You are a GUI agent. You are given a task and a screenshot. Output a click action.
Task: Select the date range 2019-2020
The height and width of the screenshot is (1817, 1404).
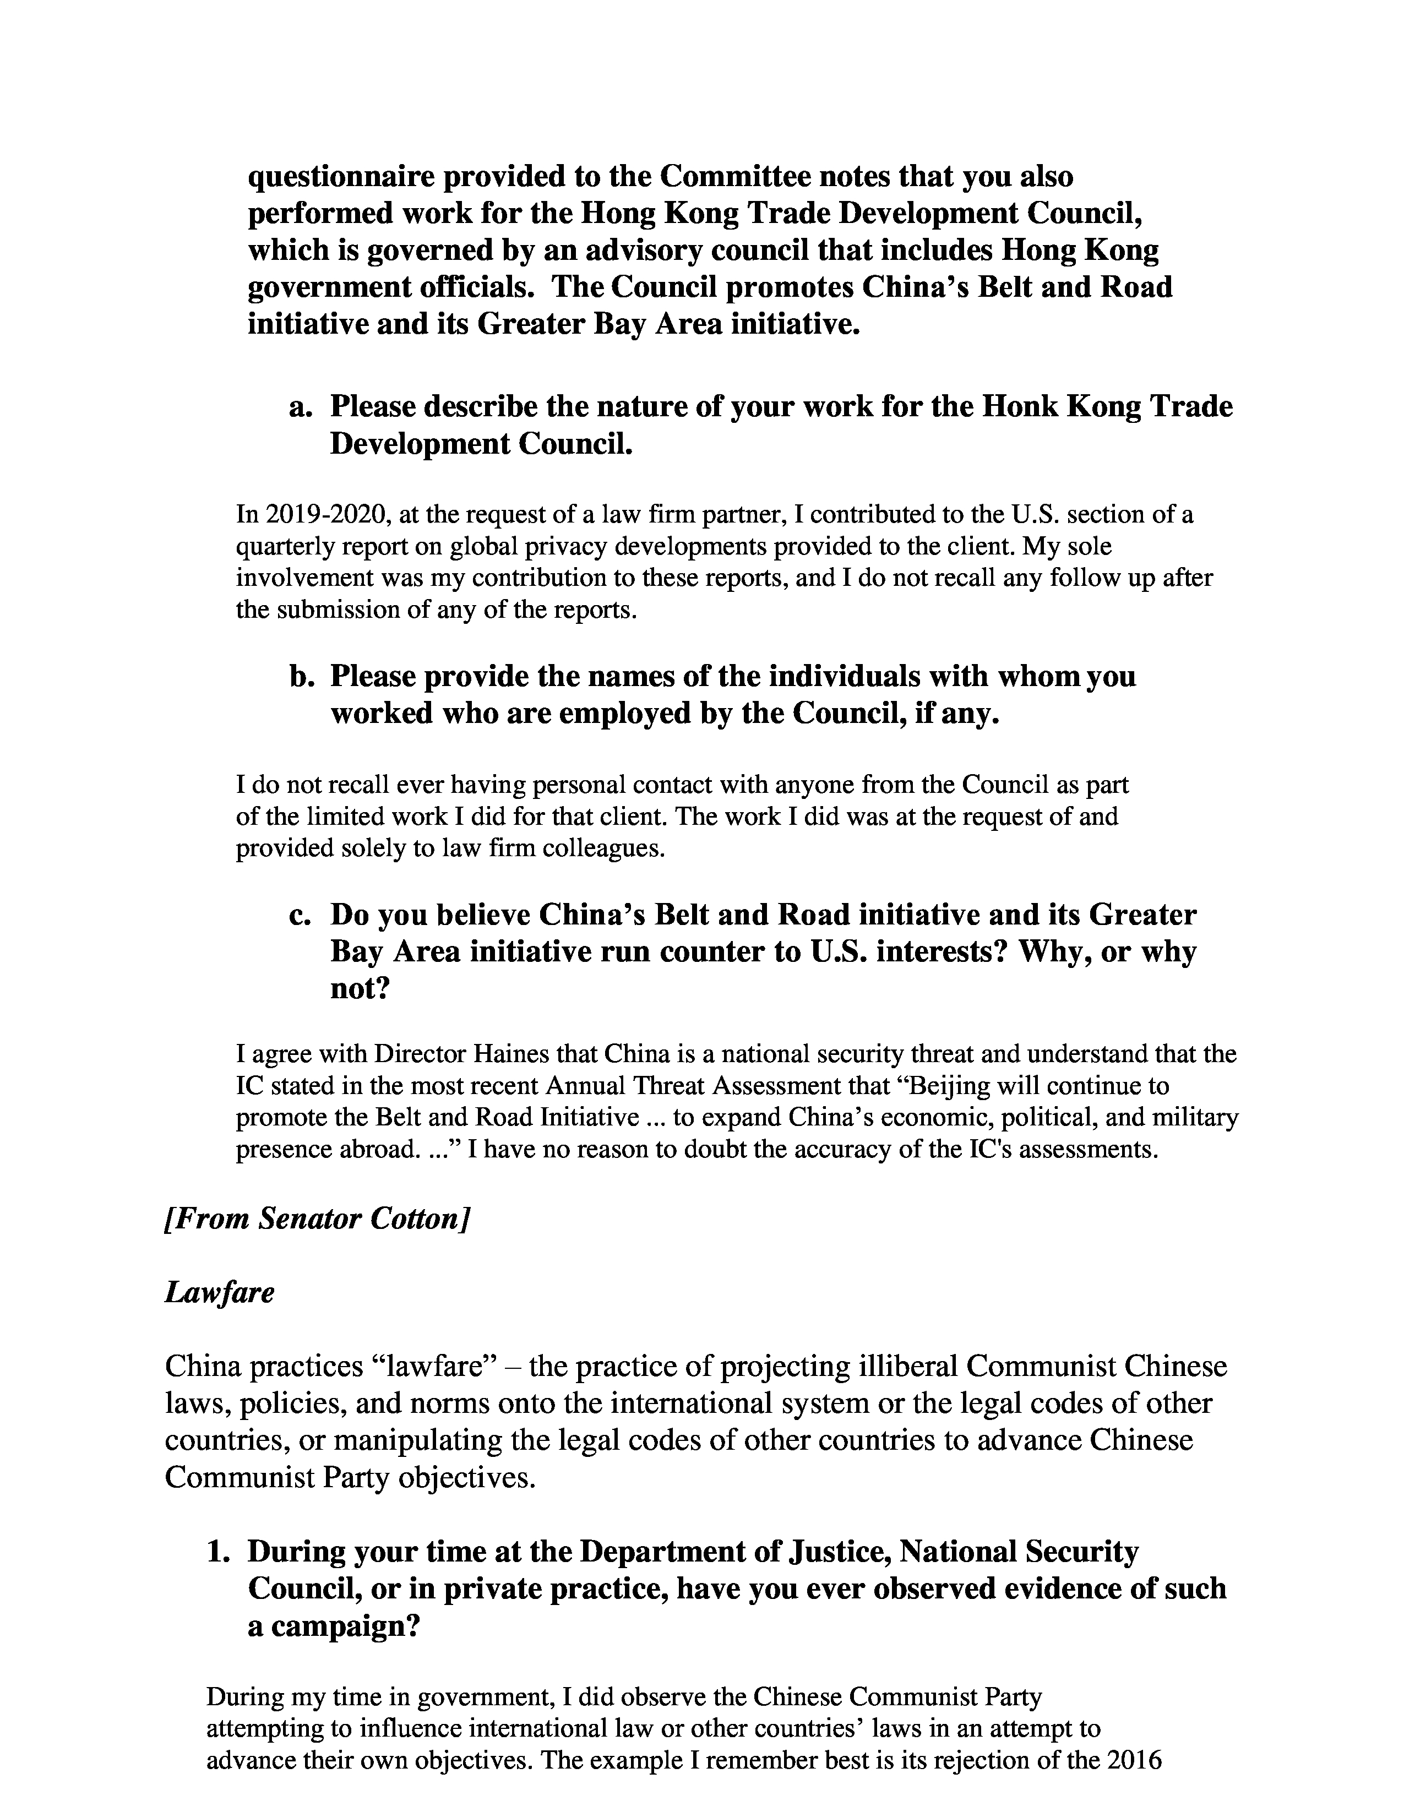point(328,515)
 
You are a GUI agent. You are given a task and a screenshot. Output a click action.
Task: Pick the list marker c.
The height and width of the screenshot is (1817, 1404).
point(300,915)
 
